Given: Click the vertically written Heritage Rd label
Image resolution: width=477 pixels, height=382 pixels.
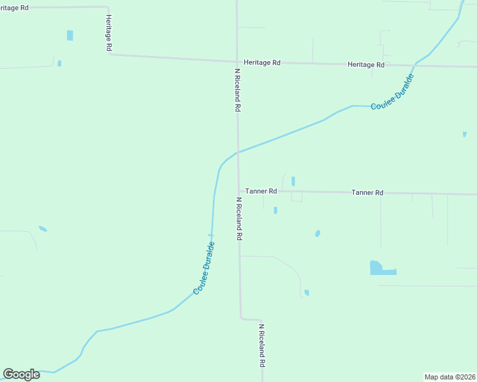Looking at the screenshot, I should point(109,33).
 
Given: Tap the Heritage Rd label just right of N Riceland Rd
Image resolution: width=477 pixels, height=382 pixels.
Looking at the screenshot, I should point(262,63).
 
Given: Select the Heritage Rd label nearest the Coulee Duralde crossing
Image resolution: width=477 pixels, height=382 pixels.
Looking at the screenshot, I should point(366,65).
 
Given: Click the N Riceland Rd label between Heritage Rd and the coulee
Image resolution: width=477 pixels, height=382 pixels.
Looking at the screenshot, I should point(237,90).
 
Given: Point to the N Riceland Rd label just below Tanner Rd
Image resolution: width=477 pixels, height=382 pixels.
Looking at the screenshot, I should point(239,218).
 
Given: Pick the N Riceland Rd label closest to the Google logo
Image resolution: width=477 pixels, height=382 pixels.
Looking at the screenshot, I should point(261,345).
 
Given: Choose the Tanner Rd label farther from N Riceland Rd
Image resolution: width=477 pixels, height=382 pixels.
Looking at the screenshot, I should point(367,192).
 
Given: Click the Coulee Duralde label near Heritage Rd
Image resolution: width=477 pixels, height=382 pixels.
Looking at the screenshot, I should point(393,94).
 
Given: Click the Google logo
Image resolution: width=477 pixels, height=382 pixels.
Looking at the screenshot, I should point(21,374).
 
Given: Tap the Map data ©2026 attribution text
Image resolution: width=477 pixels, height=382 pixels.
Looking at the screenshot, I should point(450,377).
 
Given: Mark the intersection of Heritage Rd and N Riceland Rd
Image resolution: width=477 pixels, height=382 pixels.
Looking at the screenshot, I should point(237,62).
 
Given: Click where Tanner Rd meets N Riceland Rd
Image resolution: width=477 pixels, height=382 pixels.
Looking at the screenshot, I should point(239,190).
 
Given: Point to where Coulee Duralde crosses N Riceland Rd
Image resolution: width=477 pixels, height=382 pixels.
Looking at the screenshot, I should point(238,152).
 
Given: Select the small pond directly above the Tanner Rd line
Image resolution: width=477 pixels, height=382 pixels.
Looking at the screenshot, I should point(293,181).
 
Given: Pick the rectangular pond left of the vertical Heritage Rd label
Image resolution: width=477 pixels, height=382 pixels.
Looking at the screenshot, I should point(70,35).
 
